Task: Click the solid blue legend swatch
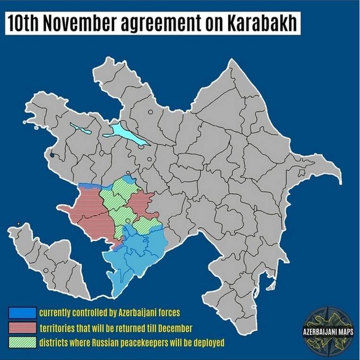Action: click(x=22, y=313)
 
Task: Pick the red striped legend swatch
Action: click(x=22, y=327)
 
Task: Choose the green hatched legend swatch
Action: click(x=22, y=342)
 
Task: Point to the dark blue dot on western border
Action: click(x=52, y=154)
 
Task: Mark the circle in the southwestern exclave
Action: click(x=46, y=270)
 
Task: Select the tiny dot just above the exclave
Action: click(x=18, y=223)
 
